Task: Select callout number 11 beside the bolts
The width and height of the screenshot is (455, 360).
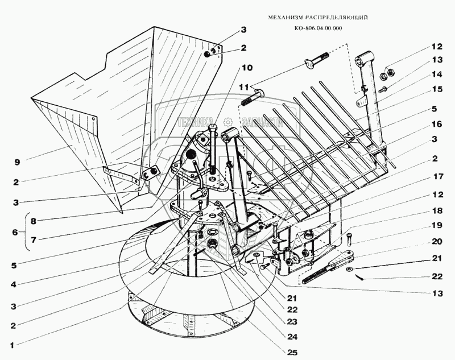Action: pyautogui.click(x=243, y=87)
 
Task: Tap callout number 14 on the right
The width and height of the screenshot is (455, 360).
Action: pyautogui.click(x=436, y=73)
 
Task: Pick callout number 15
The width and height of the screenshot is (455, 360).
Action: pyautogui.click(x=436, y=89)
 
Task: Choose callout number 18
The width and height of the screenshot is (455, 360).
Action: pyautogui.click(x=436, y=211)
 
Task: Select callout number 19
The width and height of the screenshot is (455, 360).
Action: pyautogui.click(x=436, y=225)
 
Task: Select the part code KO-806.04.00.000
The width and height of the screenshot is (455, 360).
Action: pyautogui.click(x=318, y=29)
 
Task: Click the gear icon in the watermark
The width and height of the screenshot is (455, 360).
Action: pyautogui.click(x=227, y=121)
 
